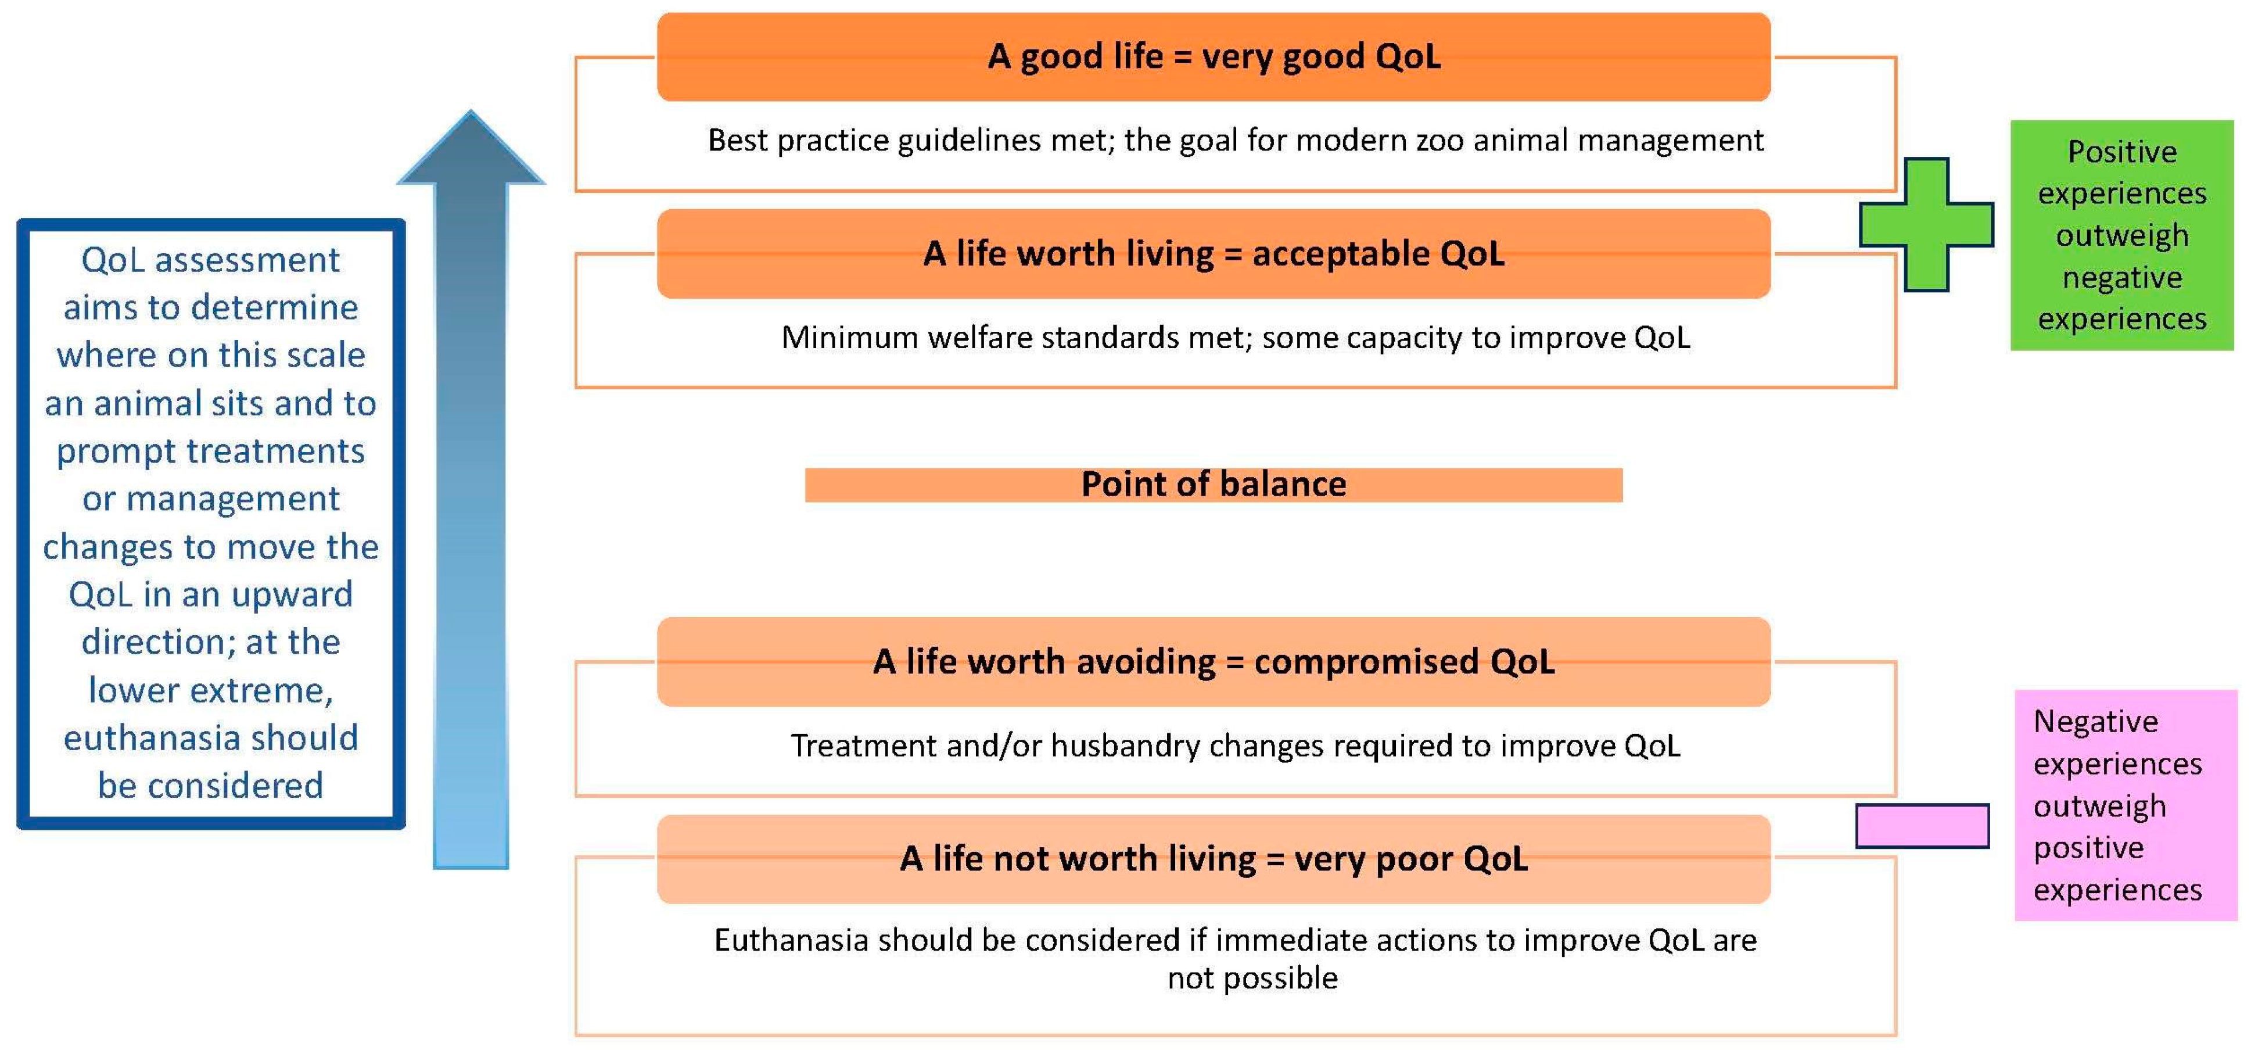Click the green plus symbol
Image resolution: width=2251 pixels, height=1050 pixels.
(x=1926, y=225)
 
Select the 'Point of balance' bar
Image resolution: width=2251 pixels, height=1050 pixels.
(x=1214, y=485)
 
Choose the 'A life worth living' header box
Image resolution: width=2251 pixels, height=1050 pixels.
(x=1214, y=253)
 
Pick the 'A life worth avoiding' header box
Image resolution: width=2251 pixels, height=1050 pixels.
(x=1214, y=662)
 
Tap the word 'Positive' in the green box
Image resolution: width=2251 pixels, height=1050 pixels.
(x=2121, y=152)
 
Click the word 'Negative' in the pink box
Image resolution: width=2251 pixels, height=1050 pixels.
(x=2095, y=721)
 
